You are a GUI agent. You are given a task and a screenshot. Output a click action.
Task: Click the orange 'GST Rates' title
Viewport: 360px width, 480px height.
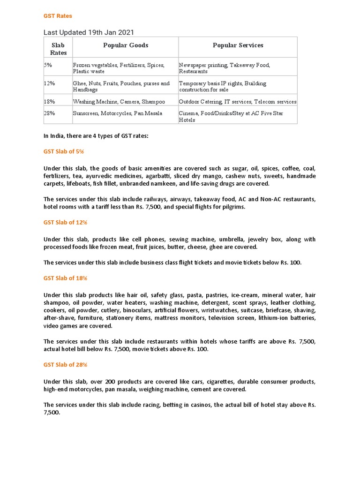point(58,16)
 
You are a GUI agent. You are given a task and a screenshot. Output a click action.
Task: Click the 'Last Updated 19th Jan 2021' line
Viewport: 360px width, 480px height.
point(89,32)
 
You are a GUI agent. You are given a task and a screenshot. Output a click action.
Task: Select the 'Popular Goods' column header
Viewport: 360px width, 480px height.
point(125,45)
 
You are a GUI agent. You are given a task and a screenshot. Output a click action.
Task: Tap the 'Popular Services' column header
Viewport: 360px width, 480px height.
point(238,45)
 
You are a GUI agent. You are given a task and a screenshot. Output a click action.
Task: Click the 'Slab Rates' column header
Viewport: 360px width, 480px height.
point(59,49)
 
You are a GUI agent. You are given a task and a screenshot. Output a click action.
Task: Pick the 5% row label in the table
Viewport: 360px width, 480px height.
point(48,65)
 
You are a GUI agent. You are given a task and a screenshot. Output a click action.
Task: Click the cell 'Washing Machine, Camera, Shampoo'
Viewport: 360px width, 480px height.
point(119,102)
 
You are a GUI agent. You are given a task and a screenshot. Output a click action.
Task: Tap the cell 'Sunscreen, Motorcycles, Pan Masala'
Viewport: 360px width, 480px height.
point(117,113)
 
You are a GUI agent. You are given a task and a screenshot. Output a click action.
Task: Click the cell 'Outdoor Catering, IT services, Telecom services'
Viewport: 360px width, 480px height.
point(237,102)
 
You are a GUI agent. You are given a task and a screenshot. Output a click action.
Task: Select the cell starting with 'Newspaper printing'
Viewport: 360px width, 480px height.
point(224,68)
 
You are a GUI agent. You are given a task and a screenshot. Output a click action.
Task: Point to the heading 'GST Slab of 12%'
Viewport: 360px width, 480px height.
point(65,222)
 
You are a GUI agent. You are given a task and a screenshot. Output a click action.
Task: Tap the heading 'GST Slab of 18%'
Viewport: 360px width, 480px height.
point(65,278)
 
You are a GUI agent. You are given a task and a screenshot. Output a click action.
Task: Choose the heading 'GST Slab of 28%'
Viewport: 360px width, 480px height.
point(65,364)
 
